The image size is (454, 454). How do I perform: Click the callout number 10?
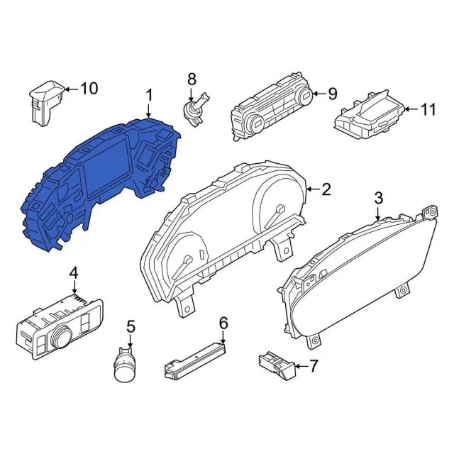[89, 88]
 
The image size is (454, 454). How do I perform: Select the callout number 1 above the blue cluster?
[149, 95]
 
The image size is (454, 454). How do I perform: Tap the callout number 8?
[192, 79]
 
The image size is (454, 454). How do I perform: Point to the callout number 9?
[332, 94]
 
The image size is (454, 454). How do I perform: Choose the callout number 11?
[428, 109]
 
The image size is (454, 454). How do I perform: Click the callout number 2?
[326, 189]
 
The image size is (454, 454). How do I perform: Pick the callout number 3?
[378, 198]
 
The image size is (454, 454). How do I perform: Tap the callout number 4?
[74, 273]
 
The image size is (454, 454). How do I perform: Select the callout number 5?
[131, 327]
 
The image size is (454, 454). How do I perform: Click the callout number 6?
[223, 323]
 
